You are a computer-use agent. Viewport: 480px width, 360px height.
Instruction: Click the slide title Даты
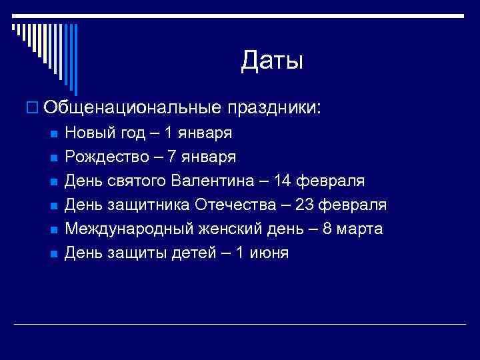tap(272, 61)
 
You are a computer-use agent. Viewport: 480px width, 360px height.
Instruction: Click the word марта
tap(360, 229)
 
